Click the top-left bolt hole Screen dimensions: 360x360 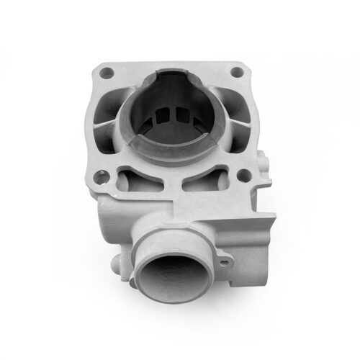107,72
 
